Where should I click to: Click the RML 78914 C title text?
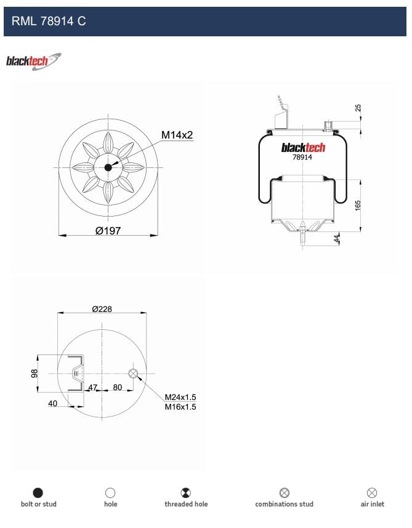(x=49, y=21)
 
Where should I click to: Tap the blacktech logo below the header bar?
(x=34, y=62)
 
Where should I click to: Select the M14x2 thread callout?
(x=177, y=135)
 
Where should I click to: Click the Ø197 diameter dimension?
(x=108, y=231)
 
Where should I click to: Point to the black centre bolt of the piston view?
(x=108, y=167)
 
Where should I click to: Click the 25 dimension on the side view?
(x=358, y=108)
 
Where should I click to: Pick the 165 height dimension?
(x=358, y=206)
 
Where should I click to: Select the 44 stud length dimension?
(x=336, y=239)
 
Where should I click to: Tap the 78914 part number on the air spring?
(x=302, y=158)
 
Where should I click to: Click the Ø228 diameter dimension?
(x=102, y=309)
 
